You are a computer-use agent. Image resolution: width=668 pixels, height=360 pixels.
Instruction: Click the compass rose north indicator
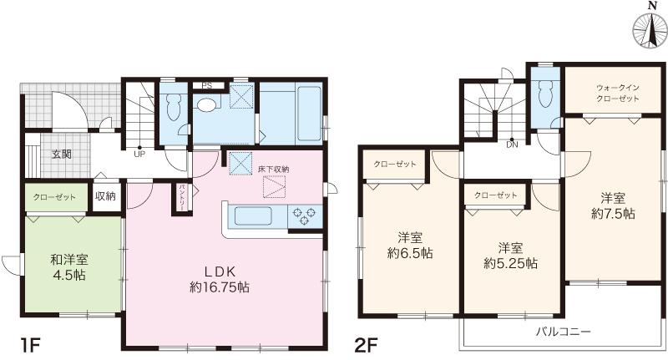coord(651,31)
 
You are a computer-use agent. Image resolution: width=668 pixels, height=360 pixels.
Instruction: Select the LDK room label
coord(220,279)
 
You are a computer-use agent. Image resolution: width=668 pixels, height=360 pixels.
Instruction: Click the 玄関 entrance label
coord(62,155)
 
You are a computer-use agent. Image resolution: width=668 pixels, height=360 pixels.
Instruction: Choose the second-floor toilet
coord(545,94)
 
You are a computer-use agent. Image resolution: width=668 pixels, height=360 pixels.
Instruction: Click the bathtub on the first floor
coord(308,114)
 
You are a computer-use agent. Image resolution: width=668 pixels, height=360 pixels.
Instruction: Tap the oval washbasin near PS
coord(207,104)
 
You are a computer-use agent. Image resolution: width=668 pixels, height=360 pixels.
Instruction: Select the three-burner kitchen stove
coord(304,216)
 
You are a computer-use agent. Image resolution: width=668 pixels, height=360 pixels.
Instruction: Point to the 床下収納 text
coord(274,169)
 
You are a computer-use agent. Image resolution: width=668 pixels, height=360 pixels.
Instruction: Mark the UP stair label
coord(139,155)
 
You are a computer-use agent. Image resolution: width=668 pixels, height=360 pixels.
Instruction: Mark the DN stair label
coord(512,145)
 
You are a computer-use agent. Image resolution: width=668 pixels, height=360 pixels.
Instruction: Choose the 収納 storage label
coord(105,196)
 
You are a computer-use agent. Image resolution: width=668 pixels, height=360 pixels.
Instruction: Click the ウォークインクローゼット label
coord(618,93)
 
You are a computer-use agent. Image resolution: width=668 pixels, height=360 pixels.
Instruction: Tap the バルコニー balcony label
coord(563,332)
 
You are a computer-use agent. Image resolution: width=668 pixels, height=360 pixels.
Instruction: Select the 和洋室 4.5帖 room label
coord(69,267)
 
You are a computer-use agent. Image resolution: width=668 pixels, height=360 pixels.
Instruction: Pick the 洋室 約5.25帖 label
coord(510,256)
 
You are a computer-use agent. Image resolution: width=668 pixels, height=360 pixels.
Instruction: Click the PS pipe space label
coord(206,86)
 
